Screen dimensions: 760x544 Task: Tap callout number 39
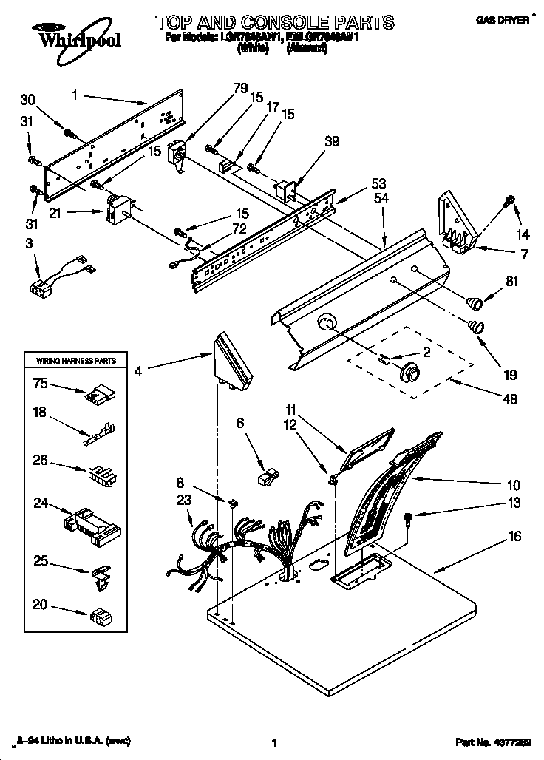[x=332, y=141]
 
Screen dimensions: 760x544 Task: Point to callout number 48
[x=509, y=399]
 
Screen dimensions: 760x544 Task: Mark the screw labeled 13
[x=407, y=518]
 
